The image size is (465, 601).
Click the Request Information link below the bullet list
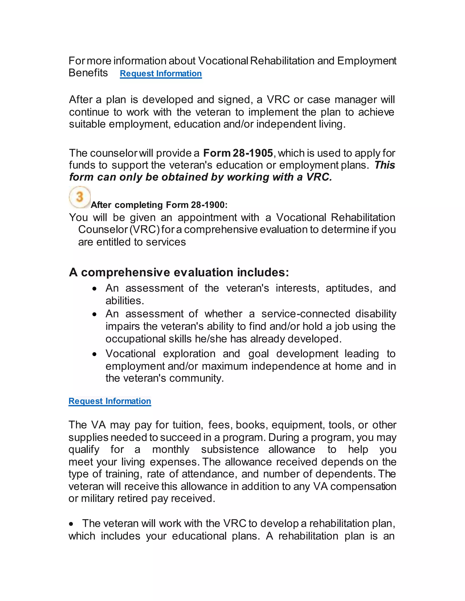(110, 401)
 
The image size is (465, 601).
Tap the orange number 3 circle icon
(80, 197)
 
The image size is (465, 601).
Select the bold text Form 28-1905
(238, 153)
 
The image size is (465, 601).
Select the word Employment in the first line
(367, 61)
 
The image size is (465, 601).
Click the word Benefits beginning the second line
(88, 73)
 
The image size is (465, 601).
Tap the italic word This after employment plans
(385, 165)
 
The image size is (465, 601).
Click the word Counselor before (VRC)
(103, 230)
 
